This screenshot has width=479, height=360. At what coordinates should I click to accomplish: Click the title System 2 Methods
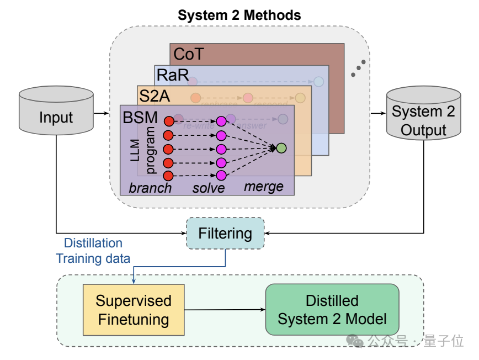click(x=239, y=15)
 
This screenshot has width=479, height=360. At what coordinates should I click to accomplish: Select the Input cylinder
click(x=56, y=113)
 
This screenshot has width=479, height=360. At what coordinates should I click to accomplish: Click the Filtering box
click(x=225, y=233)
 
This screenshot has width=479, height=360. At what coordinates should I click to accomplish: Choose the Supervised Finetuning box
click(x=133, y=310)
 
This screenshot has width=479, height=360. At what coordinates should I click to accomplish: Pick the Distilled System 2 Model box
click(x=332, y=310)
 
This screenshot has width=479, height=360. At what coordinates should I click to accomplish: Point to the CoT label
click(x=188, y=54)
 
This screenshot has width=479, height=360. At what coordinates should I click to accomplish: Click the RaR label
click(x=172, y=75)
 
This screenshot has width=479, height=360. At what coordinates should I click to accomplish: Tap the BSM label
click(x=141, y=117)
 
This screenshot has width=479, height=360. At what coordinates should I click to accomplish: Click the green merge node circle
click(x=281, y=148)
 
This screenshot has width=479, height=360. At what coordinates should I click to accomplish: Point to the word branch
click(x=150, y=188)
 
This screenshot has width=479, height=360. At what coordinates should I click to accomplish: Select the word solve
click(x=209, y=188)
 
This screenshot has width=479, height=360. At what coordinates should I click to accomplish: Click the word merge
click(x=264, y=187)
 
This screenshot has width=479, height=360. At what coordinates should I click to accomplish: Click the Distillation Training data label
click(x=93, y=251)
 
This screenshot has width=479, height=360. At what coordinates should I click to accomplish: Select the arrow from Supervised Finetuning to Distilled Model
click(x=225, y=310)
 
